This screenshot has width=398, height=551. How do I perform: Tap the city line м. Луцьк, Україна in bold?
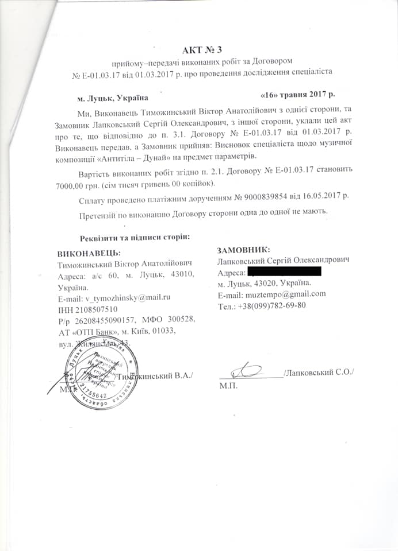click(x=109, y=99)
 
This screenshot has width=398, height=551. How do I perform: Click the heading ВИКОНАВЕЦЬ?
click(x=89, y=253)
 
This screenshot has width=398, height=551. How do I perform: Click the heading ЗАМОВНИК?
click(x=244, y=250)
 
